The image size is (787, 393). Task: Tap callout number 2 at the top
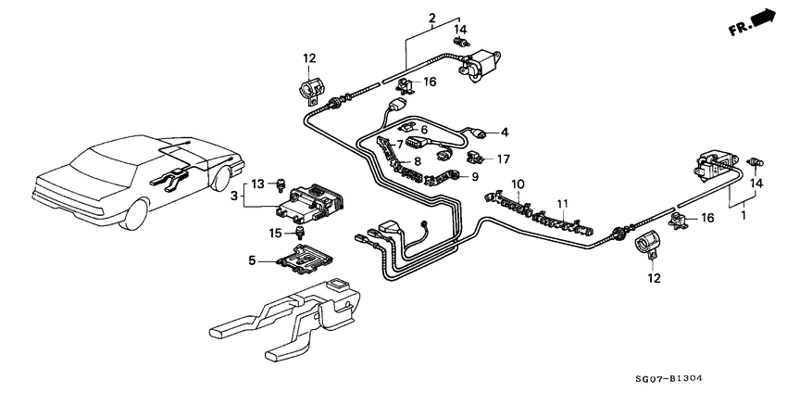point(431,18)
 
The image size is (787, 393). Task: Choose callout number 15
point(274,232)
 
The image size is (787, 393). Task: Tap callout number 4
point(505,132)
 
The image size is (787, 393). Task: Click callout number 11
point(560,203)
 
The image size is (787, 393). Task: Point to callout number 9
point(476,176)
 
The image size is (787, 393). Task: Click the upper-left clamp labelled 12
point(308,95)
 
